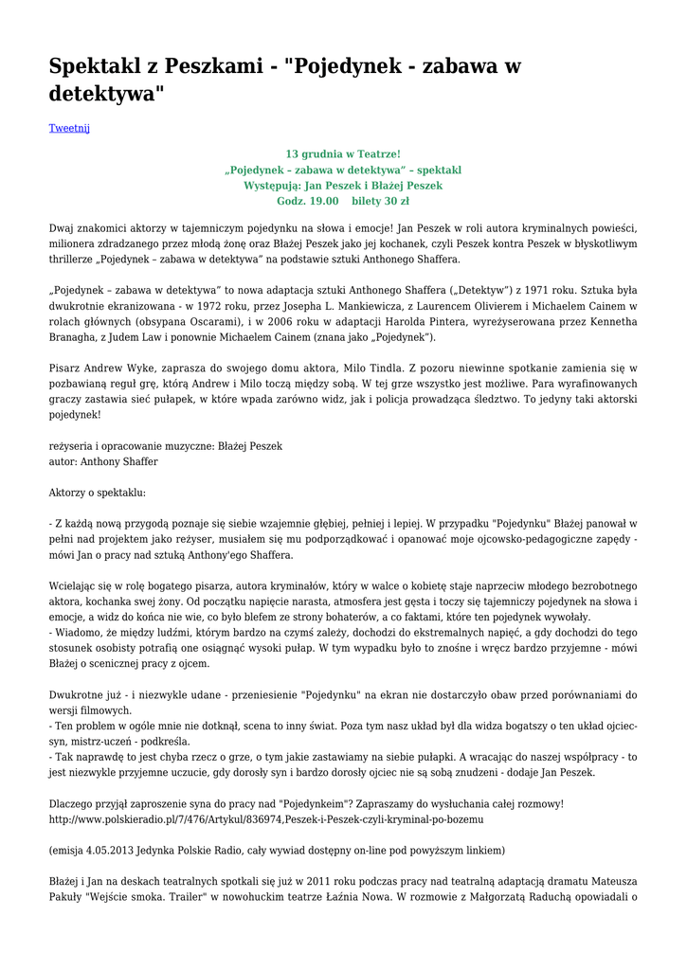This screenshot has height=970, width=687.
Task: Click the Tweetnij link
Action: pyautogui.click(x=69, y=128)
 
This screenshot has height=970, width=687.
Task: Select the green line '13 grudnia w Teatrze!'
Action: pyautogui.click(x=343, y=153)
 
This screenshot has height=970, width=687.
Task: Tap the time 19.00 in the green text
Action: pyautogui.click(x=320, y=201)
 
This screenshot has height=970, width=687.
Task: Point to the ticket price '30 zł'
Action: pyautogui.click(x=393, y=201)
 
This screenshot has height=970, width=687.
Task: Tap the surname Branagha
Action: pyautogui.click(x=79, y=337)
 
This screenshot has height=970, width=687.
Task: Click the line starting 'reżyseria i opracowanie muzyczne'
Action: pyautogui.click(x=166, y=445)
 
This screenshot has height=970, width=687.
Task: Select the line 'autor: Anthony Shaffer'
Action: pyautogui.click(x=103, y=461)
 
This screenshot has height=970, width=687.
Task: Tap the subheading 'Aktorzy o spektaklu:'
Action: pyautogui.click(x=98, y=493)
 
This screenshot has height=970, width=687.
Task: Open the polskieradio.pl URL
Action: pyautogui.click(x=266, y=818)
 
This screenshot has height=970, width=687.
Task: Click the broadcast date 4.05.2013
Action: pyautogui.click(x=112, y=850)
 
